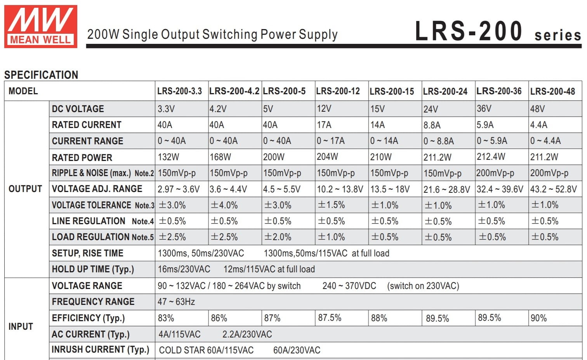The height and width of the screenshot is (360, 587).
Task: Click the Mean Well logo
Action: point(41,26)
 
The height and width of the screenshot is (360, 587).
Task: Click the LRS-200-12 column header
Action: point(338,91)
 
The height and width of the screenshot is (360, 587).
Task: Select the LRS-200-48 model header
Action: point(552,92)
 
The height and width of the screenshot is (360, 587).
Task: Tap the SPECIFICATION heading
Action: point(41,75)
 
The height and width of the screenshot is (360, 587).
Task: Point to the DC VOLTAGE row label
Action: point(78,109)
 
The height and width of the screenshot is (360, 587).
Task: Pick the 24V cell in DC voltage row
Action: point(431,109)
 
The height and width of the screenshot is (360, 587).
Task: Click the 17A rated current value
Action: point(324,125)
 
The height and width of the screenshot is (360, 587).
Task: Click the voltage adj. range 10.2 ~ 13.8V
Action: point(340,189)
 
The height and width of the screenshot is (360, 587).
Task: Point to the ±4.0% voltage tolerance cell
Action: point(224,205)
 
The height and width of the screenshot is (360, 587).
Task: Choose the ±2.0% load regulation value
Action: point(278,237)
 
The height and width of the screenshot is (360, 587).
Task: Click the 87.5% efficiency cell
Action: point(330,318)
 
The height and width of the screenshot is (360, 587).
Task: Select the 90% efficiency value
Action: point(539,318)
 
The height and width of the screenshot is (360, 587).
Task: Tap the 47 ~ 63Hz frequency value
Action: point(176,302)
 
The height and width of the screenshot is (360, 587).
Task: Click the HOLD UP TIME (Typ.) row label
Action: point(93,269)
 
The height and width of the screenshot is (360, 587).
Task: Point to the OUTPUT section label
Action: point(25,189)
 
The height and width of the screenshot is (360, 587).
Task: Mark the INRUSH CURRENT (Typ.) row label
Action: point(101,350)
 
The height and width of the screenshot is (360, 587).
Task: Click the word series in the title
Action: point(558,35)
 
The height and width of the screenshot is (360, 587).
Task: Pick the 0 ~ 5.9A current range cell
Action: point(492,141)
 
